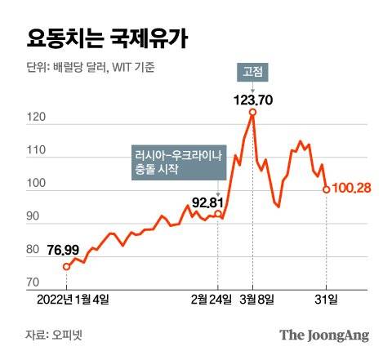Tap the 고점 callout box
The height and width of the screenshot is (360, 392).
click(252, 71)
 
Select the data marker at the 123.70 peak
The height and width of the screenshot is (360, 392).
click(252, 112)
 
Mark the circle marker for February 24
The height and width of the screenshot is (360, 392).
click(217, 214)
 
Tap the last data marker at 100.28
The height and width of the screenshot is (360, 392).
click(327, 189)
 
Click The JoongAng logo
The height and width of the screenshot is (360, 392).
click(324, 336)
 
